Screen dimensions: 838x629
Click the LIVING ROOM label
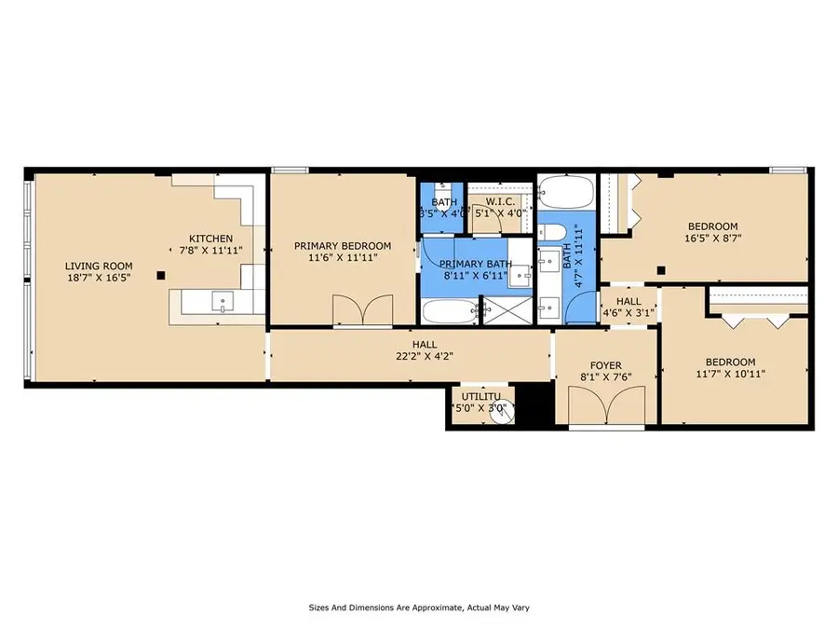99,266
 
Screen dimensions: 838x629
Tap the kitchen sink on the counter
223,302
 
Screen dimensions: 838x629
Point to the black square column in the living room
161,276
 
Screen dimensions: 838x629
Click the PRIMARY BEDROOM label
343,246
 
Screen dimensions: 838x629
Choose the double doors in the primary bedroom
363,309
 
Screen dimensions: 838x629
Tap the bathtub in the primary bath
449,311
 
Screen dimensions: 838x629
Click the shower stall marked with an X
507,310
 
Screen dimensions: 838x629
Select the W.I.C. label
500,201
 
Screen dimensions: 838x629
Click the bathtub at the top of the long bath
566,191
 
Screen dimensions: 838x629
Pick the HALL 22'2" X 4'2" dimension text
425,356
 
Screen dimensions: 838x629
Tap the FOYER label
606,366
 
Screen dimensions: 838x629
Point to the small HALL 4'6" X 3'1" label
629,307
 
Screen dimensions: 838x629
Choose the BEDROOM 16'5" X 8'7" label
713,232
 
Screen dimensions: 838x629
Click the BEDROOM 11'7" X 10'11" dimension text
731,374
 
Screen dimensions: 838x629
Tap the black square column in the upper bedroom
661,270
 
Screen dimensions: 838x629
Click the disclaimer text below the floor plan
419,608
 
